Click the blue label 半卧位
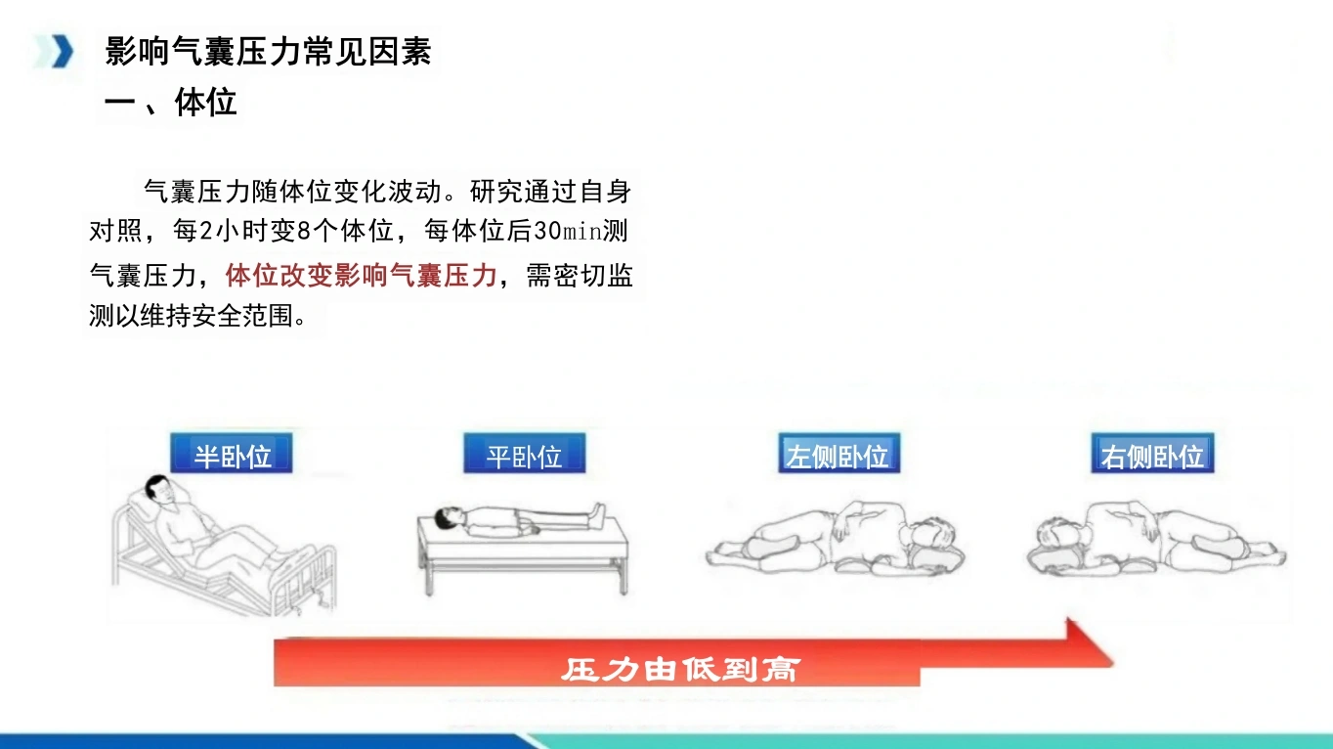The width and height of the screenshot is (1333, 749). click(232, 454)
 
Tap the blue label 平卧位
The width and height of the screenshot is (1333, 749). click(524, 454)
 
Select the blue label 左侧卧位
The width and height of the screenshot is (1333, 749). click(839, 454)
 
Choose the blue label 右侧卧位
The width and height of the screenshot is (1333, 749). click(1152, 454)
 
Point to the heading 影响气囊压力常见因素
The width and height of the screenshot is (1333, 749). click(268, 51)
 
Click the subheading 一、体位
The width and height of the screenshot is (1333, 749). click(170, 102)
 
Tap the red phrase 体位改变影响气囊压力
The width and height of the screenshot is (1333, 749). click(362, 275)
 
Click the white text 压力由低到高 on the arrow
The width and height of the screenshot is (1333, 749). click(680, 669)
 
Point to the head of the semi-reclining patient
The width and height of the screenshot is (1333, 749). click(159, 490)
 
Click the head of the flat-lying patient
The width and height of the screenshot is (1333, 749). click(449, 518)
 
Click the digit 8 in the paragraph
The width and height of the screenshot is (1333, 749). click(304, 231)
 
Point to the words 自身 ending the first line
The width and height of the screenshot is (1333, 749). click(605, 192)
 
